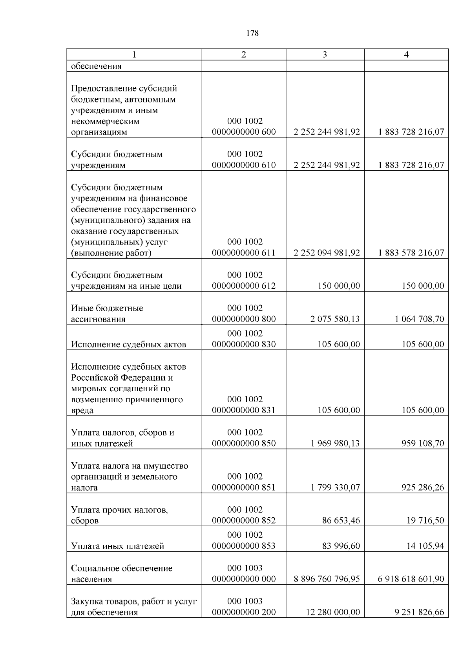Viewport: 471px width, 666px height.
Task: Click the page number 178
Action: pos(253,33)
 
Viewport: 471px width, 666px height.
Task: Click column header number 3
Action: pos(325,55)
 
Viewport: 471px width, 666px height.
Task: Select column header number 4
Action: pos(406,55)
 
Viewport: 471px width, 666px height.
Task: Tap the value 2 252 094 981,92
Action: pos(327,253)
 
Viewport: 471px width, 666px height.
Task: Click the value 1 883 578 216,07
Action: pos(411,253)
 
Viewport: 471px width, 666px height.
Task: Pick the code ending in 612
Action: pos(244,281)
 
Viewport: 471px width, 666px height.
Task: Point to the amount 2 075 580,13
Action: pos(335,319)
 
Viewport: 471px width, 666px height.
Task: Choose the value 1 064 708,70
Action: pos(420,319)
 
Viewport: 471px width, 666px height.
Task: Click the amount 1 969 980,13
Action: pos(335,443)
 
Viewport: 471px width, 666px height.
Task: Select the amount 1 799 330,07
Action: pos(335,487)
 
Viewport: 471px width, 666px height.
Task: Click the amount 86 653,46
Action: pos(341,521)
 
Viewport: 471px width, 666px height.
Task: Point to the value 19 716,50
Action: pos(425,521)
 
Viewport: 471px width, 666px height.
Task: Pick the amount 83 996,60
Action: pos(341,546)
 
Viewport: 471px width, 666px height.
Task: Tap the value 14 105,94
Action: pos(425,546)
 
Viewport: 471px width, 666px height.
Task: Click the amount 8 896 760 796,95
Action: pos(327,579)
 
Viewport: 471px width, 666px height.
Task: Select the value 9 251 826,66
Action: pos(420,612)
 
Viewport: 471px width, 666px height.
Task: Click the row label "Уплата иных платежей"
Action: pos(117,546)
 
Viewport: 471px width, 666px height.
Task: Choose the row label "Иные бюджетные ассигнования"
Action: pos(107,314)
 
